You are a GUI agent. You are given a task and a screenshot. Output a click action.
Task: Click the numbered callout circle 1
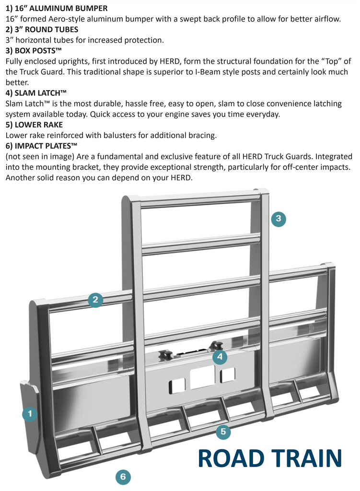coord(30,414)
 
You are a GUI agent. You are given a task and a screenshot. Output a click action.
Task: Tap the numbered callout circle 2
coord(95,300)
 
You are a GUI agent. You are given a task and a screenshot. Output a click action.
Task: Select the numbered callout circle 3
coord(279,219)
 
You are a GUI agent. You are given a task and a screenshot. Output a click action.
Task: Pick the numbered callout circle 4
coord(219,357)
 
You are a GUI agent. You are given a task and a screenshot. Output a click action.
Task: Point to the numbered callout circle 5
coord(223,432)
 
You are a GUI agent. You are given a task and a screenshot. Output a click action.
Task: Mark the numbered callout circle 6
coord(123,476)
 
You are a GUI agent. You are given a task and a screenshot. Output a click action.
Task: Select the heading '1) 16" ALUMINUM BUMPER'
coord(57,8)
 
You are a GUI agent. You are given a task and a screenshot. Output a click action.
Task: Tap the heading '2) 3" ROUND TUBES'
coord(42,29)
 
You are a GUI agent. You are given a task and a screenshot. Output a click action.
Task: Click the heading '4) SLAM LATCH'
coord(36,93)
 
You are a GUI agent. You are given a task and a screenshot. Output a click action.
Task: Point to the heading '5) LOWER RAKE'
coord(34,125)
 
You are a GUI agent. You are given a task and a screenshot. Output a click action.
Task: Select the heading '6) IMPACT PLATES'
coord(41,146)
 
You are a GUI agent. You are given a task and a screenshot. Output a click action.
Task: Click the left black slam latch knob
coord(165,355)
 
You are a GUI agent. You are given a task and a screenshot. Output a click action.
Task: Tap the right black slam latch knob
coord(216,345)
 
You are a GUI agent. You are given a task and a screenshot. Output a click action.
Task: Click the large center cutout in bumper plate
coord(202,378)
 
